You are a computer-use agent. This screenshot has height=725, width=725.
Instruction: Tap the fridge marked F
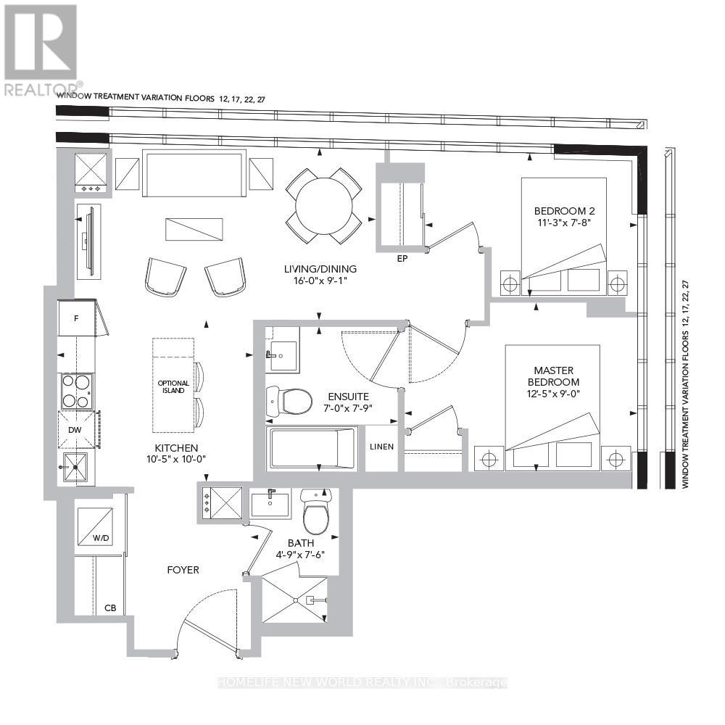tap(75, 318)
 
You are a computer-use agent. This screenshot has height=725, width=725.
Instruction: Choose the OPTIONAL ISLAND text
tap(173, 386)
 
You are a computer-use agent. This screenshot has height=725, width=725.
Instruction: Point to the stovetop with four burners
tap(76, 391)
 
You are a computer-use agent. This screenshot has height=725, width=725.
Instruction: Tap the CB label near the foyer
tap(111, 608)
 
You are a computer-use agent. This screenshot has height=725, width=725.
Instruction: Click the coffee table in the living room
tap(193, 230)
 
